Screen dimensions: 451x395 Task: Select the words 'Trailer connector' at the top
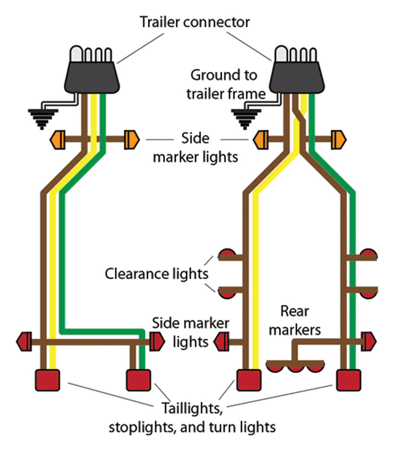tap(194, 22)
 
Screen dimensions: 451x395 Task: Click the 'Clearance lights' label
tap(156, 274)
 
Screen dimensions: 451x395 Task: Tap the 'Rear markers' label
tap(295, 321)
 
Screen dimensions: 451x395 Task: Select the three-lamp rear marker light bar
tap(295, 366)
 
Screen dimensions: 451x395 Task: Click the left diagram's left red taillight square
tap(47, 380)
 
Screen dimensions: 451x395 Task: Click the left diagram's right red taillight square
tap(138, 380)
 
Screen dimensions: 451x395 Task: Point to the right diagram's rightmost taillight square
tap(349, 380)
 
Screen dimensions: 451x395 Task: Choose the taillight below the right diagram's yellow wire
tap(248, 380)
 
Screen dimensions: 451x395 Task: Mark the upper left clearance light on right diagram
tap(227, 254)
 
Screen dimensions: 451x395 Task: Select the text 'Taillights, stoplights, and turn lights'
tap(192, 417)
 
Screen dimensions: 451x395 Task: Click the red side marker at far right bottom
tap(369, 341)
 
